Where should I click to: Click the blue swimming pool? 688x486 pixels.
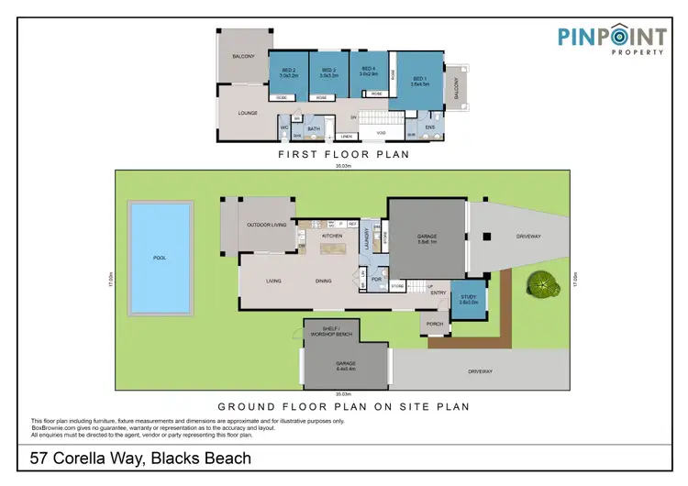tap(161, 258)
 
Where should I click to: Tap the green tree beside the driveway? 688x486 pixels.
tap(543, 285)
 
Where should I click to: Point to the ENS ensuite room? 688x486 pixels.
tap(430, 127)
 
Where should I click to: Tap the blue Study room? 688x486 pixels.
tap(468, 299)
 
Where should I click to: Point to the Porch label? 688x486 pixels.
tap(435, 323)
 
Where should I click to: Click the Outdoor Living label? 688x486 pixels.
tap(266, 225)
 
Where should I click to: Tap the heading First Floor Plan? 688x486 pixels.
tap(343, 155)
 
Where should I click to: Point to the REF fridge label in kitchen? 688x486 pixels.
tap(352, 223)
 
